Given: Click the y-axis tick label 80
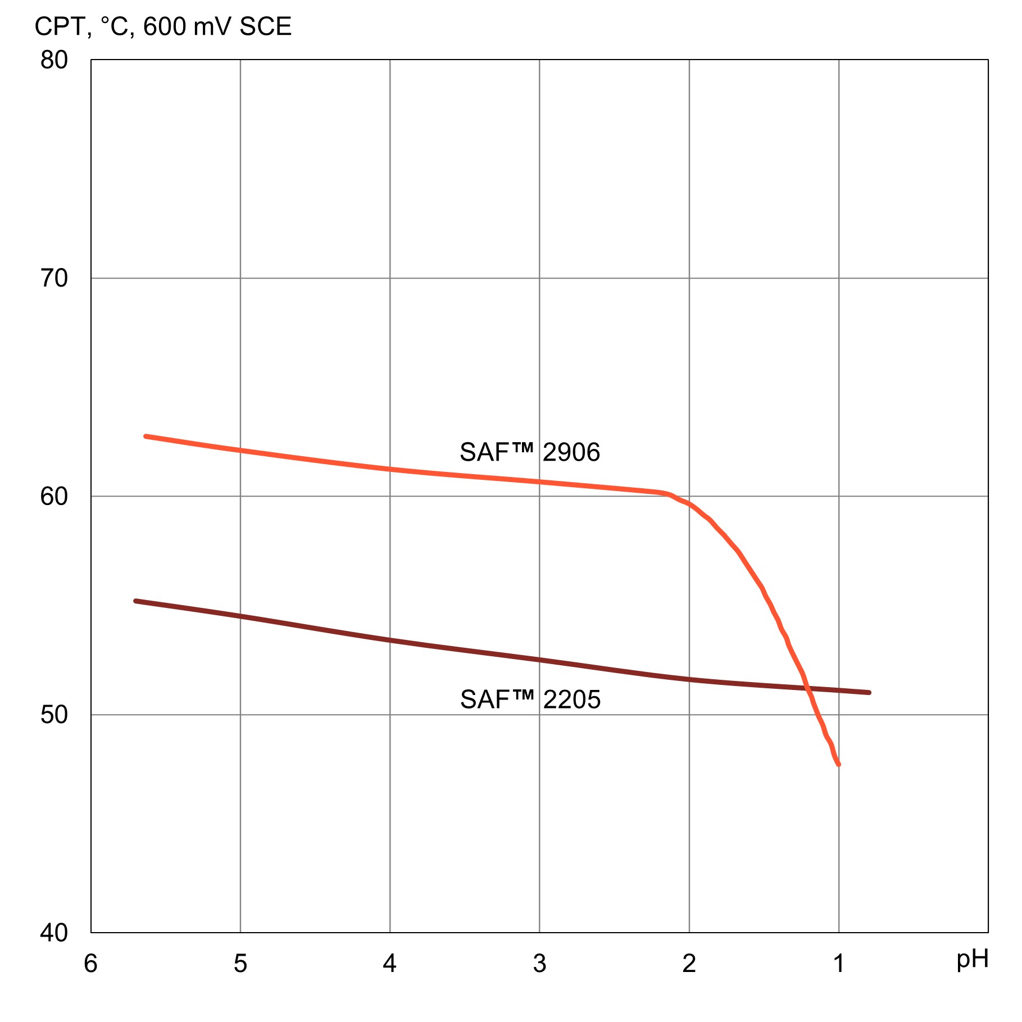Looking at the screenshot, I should click(54, 60).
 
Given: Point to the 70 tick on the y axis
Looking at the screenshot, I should click(54, 278).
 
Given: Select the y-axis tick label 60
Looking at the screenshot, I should click(54, 497).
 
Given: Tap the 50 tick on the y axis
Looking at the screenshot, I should click(54, 715).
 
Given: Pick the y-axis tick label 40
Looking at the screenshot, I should click(54, 933).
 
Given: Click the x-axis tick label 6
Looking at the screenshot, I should click(90, 964).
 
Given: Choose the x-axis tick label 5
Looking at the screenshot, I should click(240, 964).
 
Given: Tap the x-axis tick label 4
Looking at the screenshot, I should click(390, 964).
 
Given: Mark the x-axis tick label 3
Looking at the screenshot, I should click(539, 964).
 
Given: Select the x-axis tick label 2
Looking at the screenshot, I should click(689, 964).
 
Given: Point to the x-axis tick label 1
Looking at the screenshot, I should click(839, 964).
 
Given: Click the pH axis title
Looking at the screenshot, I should click(972, 960).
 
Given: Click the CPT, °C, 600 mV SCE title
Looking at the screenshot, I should click(163, 27).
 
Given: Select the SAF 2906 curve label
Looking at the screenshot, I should click(530, 452).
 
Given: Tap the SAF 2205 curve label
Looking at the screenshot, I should click(530, 699).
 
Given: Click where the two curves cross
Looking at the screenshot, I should click(807, 688).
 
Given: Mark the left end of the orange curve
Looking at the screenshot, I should click(146, 436).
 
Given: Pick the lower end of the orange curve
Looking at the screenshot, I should click(839, 765).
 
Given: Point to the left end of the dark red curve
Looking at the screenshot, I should click(135, 601).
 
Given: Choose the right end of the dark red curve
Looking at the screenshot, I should click(869, 693).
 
